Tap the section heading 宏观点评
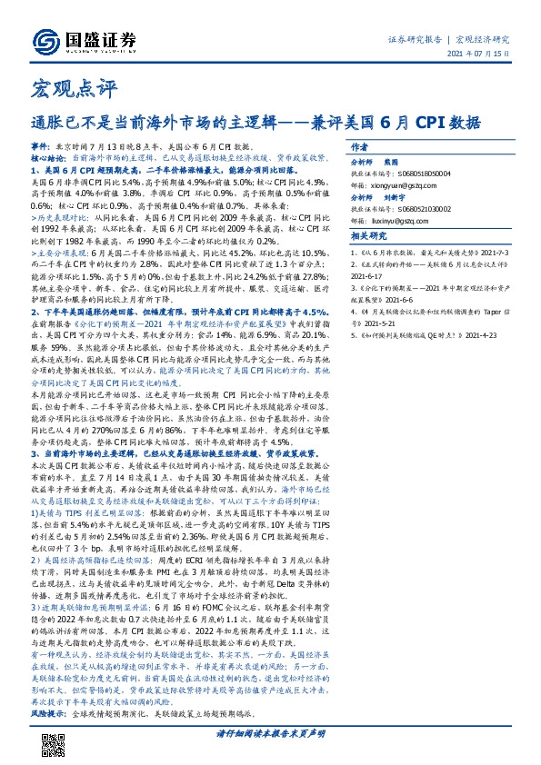[55, 89]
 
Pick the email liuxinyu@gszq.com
[392, 218]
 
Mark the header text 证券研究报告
[416, 40]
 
